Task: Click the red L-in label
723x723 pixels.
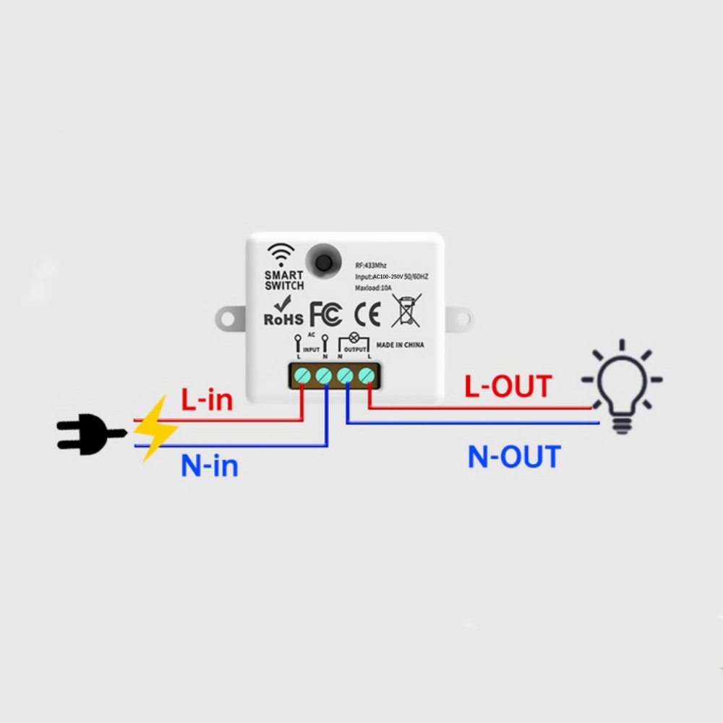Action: pyautogui.click(x=207, y=400)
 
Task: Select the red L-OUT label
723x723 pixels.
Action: pyautogui.click(x=508, y=387)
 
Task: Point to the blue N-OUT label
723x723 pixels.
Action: pyautogui.click(x=514, y=457)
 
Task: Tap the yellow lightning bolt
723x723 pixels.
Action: pyautogui.click(x=155, y=428)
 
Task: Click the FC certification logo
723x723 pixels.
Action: pyautogui.click(x=325, y=314)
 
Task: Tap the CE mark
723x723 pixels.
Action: pyautogui.click(x=367, y=314)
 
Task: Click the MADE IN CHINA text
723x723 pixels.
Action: pyautogui.click(x=400, y=346)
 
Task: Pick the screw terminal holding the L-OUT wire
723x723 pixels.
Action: pyautogui.click(x=367, y=375)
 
